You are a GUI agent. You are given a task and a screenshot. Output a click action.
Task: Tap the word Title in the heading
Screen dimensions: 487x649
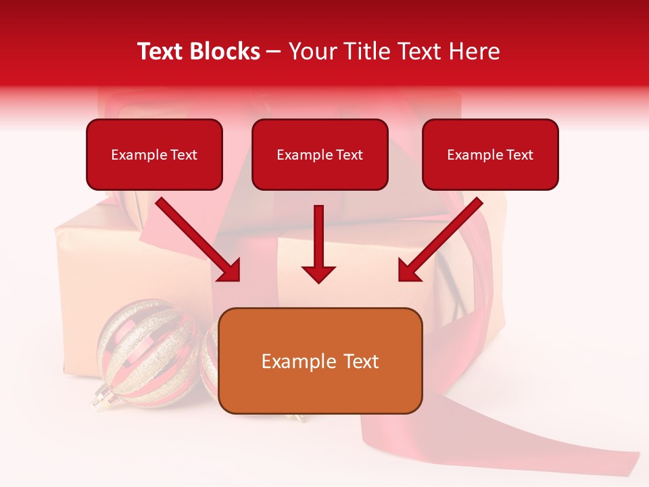click(364, 51)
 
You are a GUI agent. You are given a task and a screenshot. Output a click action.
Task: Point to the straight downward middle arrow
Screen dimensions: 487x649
click(318, 243)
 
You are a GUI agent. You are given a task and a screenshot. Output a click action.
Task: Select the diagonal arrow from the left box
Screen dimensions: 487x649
click(199, 240)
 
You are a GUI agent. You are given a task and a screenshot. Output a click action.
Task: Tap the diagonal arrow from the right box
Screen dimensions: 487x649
click(439, 240)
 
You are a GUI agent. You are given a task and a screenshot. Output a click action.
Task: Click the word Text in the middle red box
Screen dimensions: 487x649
click(350, 154)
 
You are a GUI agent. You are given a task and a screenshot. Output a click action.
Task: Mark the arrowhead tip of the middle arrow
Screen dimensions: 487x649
click(318, 281)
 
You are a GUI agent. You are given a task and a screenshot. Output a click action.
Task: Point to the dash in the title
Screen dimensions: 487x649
click(274, 51)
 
